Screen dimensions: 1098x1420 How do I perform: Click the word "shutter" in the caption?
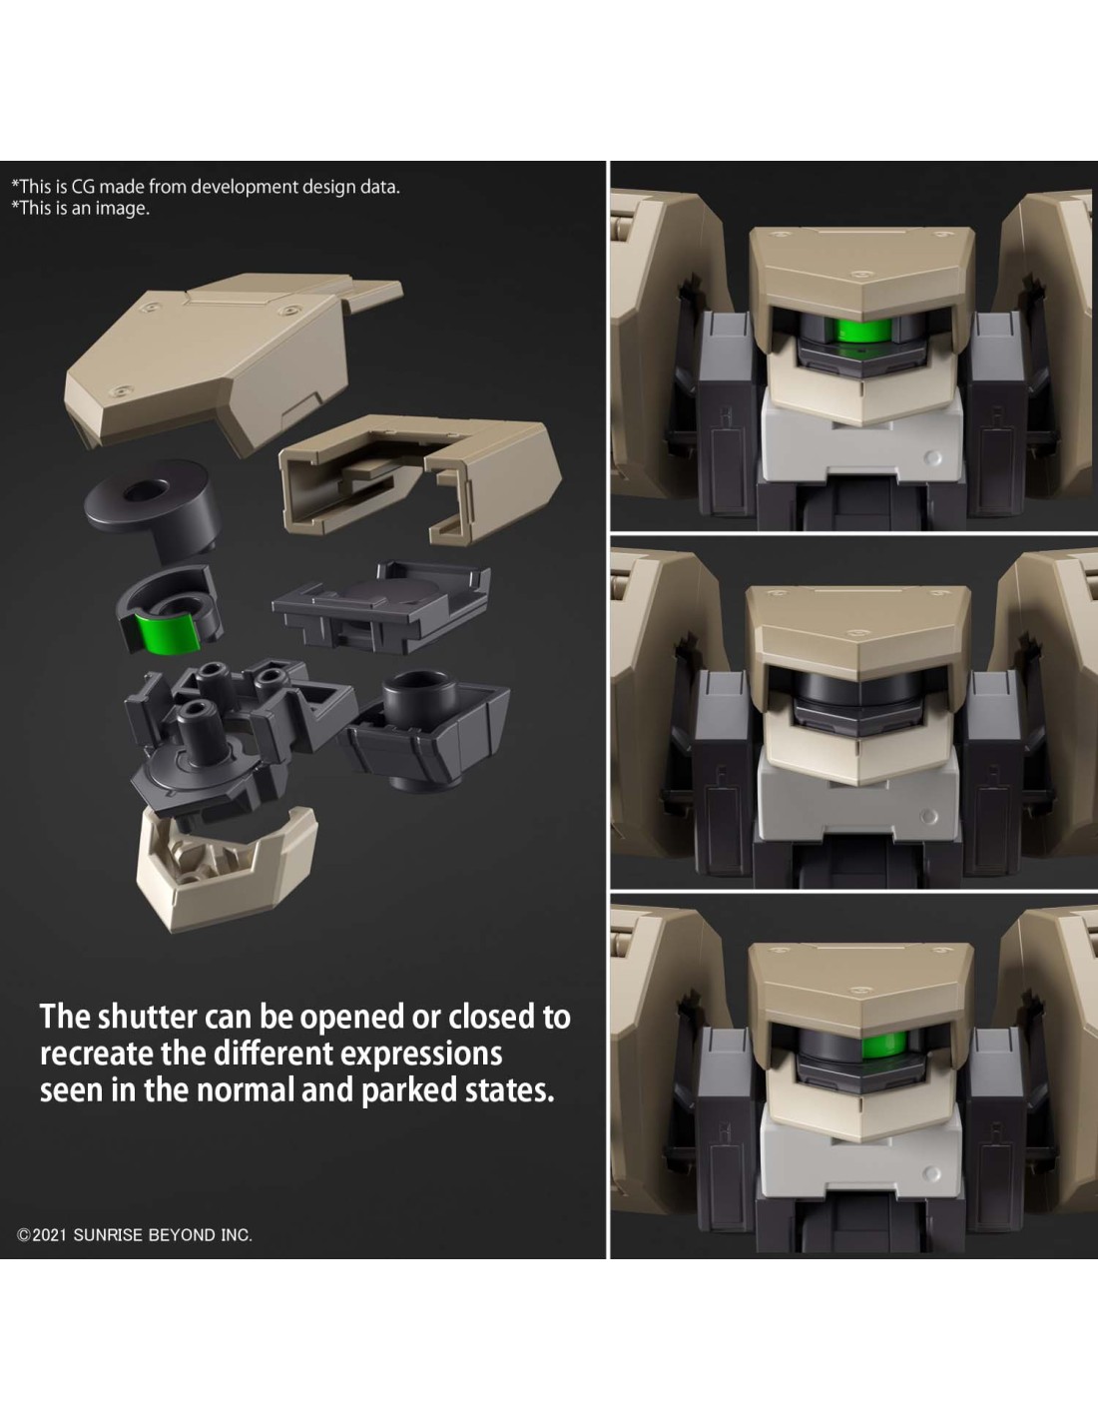point(147,1017)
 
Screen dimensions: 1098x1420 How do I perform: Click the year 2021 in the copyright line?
point(49,1235)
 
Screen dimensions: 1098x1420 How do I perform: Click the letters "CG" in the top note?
point(83,187)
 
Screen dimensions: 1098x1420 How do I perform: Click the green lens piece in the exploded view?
point(168,632)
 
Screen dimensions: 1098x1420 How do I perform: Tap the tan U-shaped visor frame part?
point(419,474)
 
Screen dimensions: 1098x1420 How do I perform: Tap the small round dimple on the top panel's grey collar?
point(933,457)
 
